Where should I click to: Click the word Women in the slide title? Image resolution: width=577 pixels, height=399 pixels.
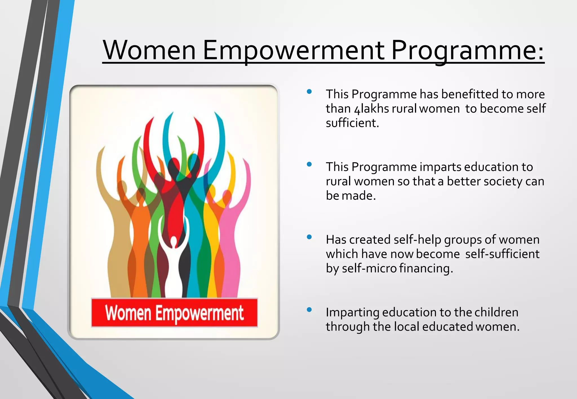click(x=149, y=51)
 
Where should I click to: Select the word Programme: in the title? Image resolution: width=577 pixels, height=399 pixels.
click(x=468, y=51)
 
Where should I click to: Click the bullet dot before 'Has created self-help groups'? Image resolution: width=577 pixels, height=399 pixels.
click(x=309, y=237)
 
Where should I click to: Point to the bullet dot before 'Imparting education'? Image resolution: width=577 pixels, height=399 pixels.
click(x=309, y=310)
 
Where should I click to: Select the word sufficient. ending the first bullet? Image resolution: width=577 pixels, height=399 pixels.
click(x=352, y=123)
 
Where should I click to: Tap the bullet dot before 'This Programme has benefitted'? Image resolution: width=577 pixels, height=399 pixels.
click(x=309, y=91)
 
